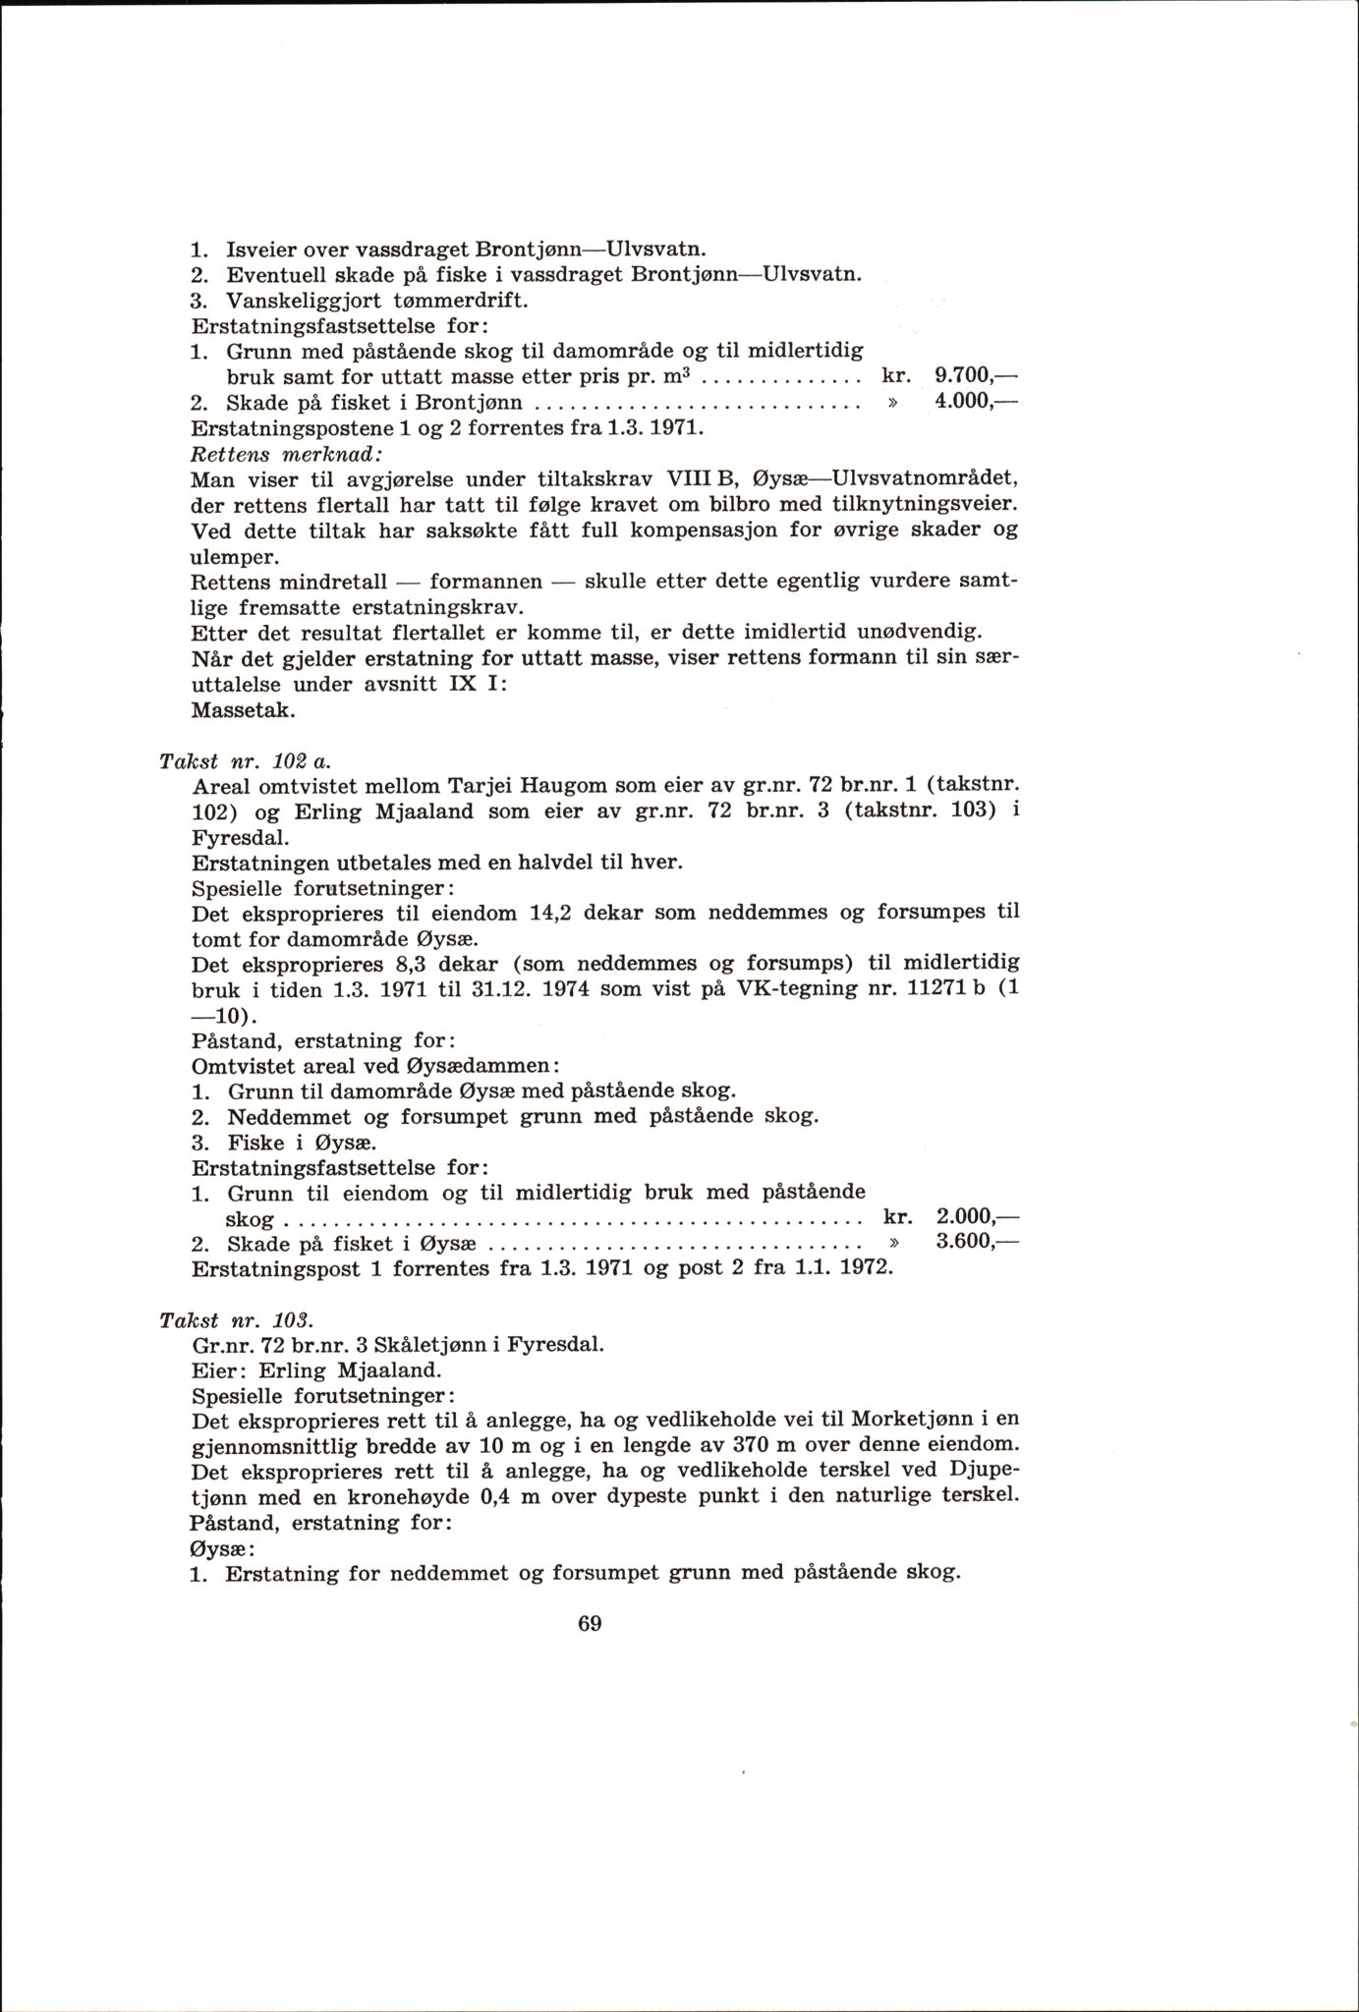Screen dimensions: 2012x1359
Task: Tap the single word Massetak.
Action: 234,708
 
